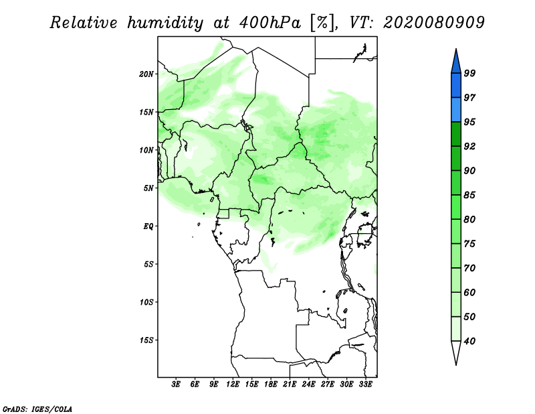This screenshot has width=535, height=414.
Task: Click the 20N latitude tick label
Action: [x=146, y=74]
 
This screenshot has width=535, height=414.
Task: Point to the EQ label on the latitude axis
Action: [x=148, y=226]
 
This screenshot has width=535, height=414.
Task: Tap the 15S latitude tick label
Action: [x=146, y=340]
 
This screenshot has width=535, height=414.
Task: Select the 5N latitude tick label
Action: [x=148, y=188]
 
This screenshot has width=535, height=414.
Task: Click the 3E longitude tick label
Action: [x=176, y=385]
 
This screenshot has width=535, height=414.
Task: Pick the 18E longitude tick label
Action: [x=271, y=385]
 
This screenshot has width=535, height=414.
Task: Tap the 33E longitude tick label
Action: [x=365, y=385]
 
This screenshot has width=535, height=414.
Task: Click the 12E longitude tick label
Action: [x=233, y=385]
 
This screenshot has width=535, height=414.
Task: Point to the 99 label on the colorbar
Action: [x=469, y=73]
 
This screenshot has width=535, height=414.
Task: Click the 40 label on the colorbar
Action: [x=469, y=341]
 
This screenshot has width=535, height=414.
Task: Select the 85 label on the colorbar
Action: [x=469, y=195]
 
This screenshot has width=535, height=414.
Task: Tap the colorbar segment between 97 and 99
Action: [x=456, y=86]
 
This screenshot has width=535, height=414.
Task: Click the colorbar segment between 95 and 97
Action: [x=456, y=110]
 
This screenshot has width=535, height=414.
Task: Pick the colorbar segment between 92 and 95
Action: [x=456, y=134]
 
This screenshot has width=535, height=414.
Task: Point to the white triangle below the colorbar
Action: [x=456, y=352]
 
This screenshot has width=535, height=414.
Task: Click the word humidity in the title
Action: [x=165, y=23]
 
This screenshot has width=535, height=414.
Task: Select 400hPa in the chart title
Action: [x=270, y=23]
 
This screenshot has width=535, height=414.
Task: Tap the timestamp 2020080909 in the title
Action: [x=433, y=23]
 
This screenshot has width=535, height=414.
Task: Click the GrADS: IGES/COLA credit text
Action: [x=37, y=409]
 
